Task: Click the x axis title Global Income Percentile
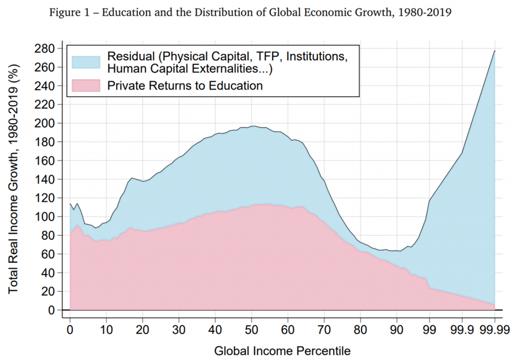pos(282,350)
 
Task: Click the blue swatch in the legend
pos(86,62)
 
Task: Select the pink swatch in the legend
pos(86,85)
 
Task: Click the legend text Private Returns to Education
pos(185,86)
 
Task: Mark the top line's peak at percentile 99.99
pos(494,51)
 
